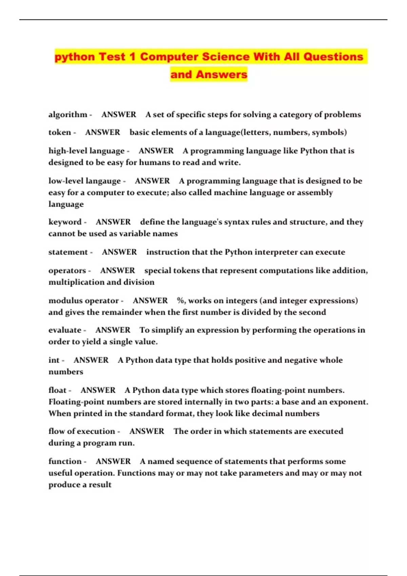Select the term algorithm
pos(68,115)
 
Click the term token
pos(60,132)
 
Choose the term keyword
pos(65,222)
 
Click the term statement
pos(68,252)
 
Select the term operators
pos(67,270)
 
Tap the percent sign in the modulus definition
pos(180,301)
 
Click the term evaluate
pos(65,330)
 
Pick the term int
pos(54,360)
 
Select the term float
pos(57,390)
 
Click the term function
pos(65,461)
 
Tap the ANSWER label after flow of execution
pos(147,431)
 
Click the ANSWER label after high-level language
pos(156,151)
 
